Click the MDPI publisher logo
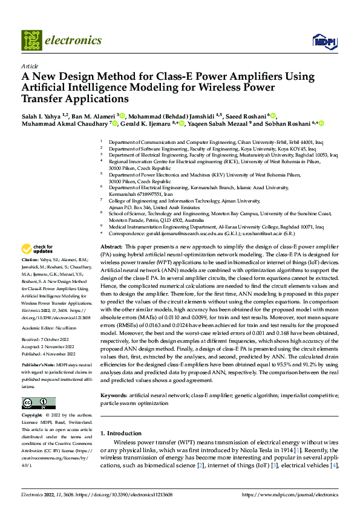tap(322, 41)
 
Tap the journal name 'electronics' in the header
tap(75, 41)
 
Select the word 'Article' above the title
tap(30, 66)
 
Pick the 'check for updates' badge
tap(38, 248)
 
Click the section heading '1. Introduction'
tap(120, 433)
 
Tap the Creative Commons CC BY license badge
tap(38, 403)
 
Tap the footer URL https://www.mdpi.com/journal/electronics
tap(290, 494)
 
